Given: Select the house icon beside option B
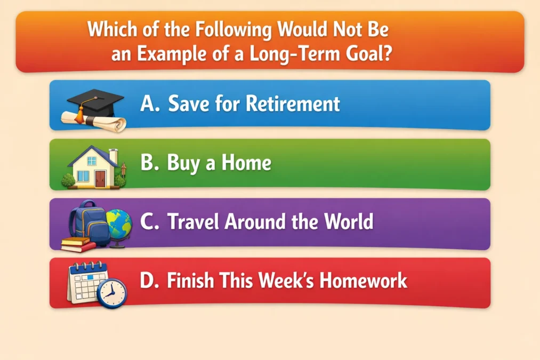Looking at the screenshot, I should [x=94, y=166].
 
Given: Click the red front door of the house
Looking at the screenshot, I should [x=100, y=178].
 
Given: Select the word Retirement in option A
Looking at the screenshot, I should [x=293, y=103].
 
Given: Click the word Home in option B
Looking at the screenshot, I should [x=246, y=163].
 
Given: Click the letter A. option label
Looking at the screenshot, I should [x=150, y=104].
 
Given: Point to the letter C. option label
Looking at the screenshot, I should [x=150, y=222].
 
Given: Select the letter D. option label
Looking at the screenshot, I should [x=150, y=281].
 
